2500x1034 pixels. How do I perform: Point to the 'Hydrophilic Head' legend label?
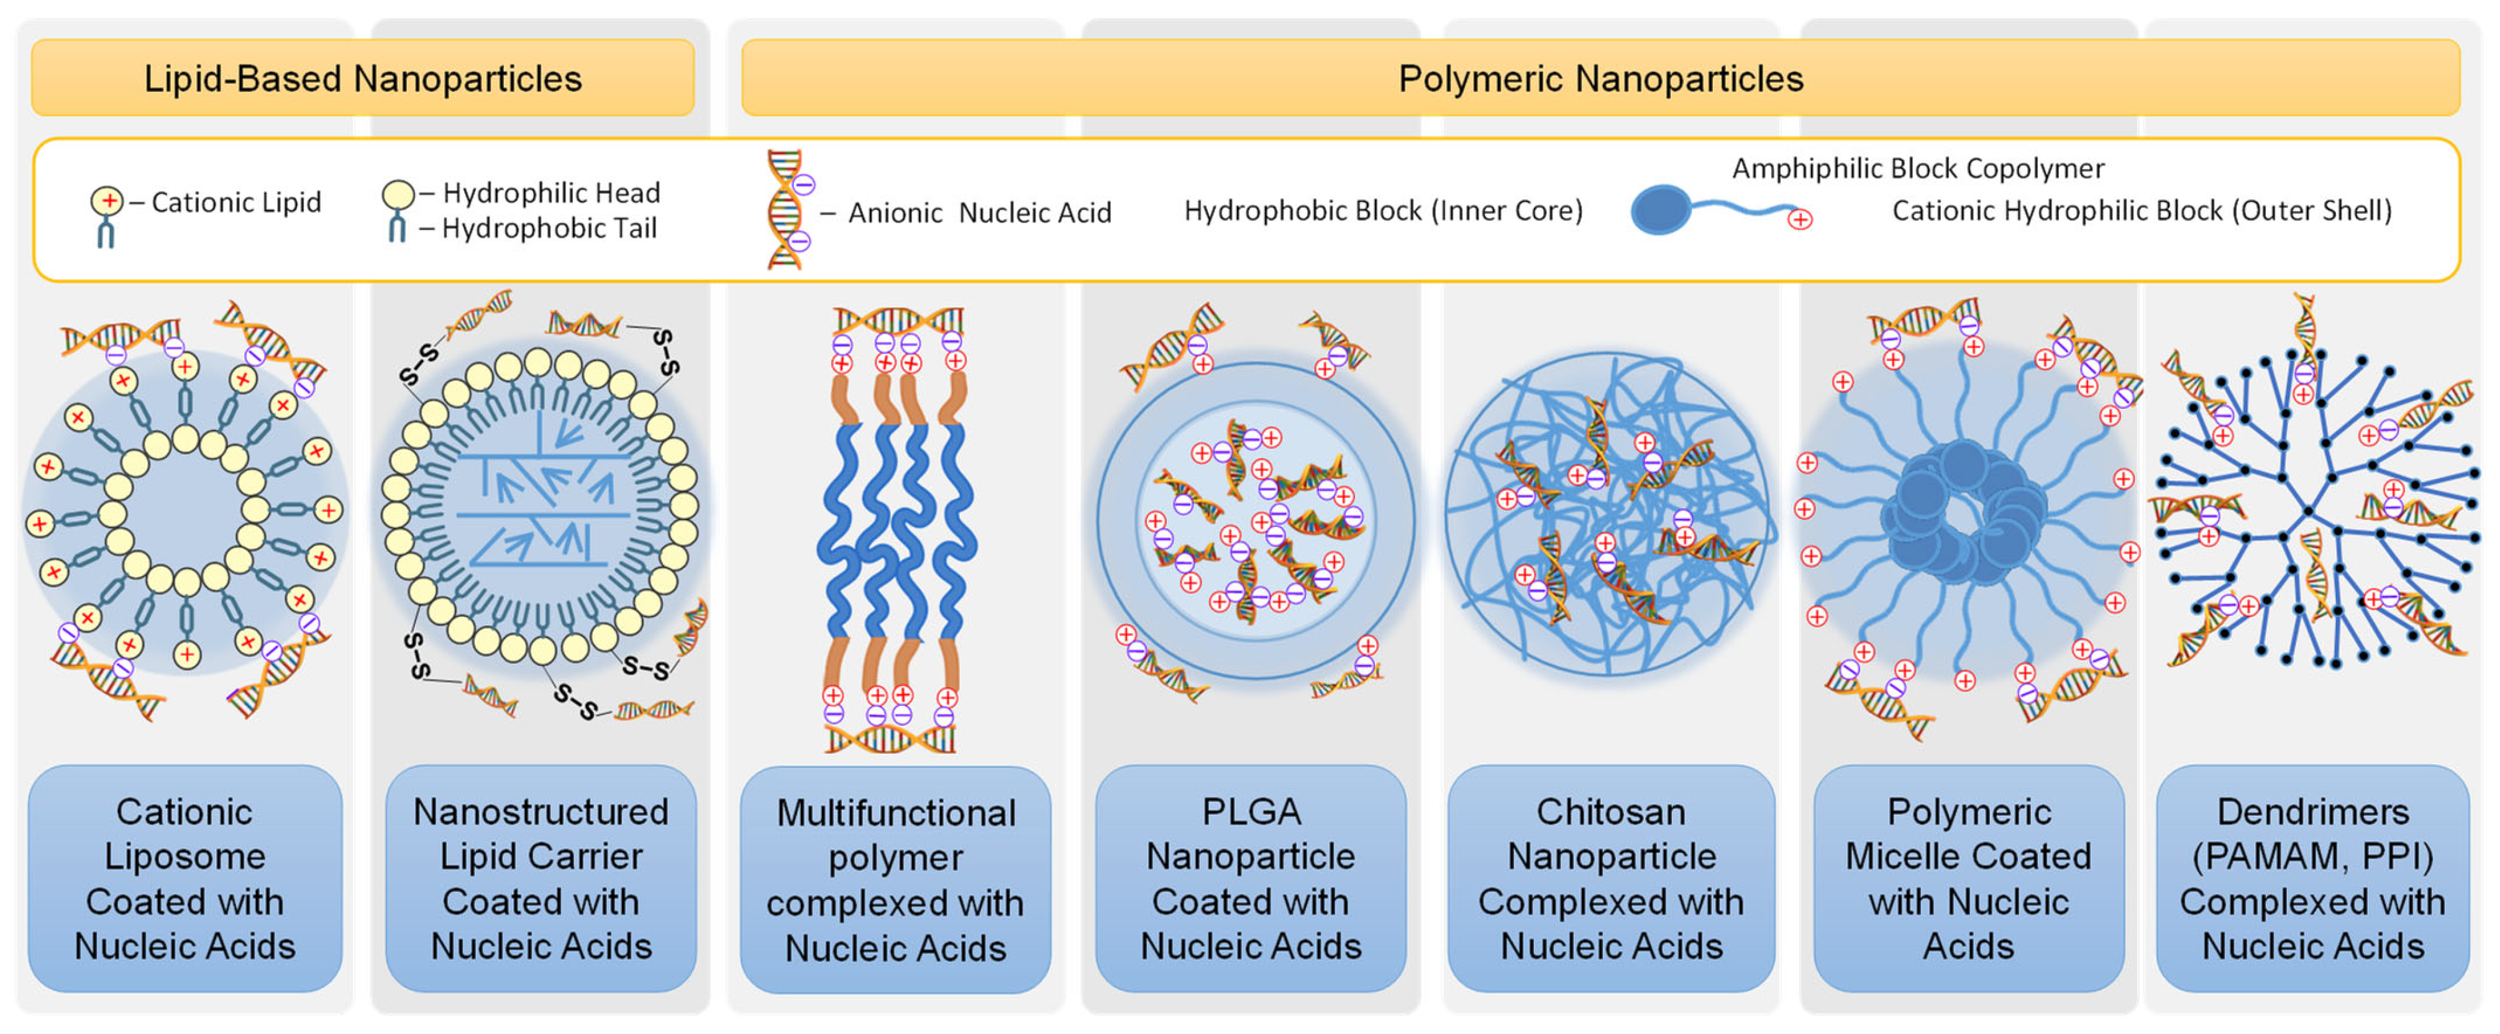550,192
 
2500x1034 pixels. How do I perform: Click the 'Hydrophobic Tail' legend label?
549,228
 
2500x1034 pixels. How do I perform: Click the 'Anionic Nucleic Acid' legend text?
979,213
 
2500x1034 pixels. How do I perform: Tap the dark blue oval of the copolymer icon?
1659,209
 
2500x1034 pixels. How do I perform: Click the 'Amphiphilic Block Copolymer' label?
1918,168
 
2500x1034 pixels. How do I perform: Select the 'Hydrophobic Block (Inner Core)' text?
1383,211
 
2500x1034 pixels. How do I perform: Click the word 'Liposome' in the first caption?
185,856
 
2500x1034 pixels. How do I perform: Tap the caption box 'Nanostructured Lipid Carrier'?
541,879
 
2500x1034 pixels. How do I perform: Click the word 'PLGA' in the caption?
1251,812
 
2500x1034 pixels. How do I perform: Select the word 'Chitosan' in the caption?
1610,812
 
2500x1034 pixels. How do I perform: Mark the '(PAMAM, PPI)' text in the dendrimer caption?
2313,856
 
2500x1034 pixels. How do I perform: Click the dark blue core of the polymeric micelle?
1963,515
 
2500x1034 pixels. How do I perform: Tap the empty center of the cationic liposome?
185,510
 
